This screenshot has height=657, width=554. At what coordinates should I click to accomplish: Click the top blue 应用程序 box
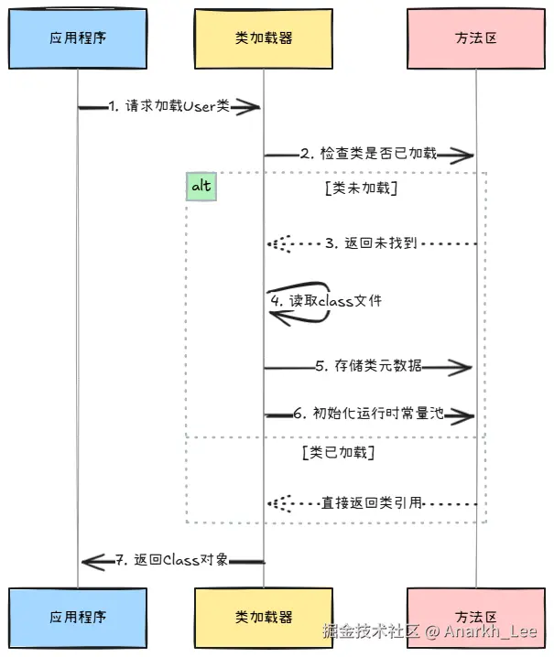coord(78,38)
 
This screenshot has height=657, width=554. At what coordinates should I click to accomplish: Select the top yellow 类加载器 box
coord(263,38)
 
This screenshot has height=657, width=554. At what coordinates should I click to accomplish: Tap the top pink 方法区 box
coord(475,38)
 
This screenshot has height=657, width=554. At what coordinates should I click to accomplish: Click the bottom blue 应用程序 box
coord(78,617)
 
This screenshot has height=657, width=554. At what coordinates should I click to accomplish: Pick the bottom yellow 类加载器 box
coord(263,617)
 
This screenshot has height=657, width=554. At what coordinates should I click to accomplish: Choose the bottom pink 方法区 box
coord(475,617)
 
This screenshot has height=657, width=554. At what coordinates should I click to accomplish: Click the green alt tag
coord(201,187)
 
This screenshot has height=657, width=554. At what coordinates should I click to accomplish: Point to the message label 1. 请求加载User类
coord(168,106)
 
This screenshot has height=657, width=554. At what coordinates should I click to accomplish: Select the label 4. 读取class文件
coord(325,301)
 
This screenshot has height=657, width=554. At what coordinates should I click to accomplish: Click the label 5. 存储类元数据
coord(368,366)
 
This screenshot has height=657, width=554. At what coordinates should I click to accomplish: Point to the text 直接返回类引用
coord(371,502)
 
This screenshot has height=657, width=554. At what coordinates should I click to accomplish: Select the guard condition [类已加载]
coord(337,452)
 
